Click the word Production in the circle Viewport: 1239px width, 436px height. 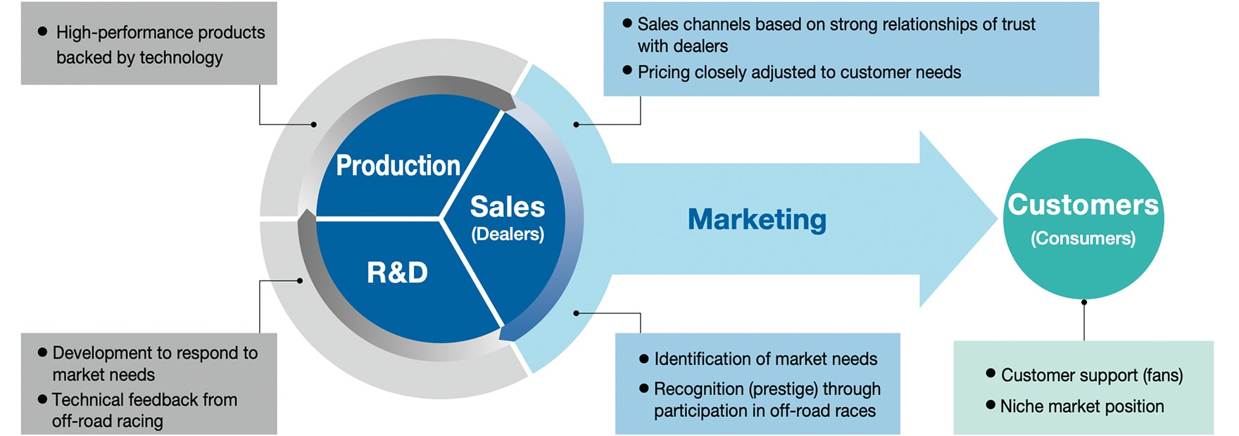(x=398, y=166)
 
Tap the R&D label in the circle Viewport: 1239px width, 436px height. (x=397, y=273)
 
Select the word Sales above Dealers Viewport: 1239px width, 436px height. (x=507, y=207)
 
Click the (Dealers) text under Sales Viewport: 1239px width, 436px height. (x=508, y=234)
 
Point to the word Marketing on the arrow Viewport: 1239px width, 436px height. (x=757, y=219)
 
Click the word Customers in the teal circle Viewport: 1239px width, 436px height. (x=1083, y=205)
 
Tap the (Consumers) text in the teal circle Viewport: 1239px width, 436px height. (x=1083, y=238)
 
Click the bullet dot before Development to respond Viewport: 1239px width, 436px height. (x=42, y=352)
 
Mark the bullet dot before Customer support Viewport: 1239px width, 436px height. (x=990, y=373)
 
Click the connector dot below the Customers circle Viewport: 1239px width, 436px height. (x=1084, y=302)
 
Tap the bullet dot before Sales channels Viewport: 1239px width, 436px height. (x=627, y=23)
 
